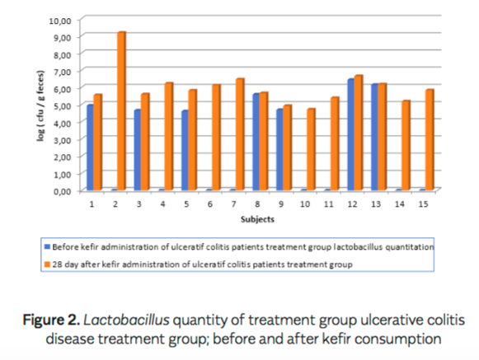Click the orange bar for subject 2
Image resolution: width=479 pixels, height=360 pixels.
pyautogui.click(x=121, y=111)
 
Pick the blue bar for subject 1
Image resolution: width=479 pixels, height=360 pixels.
pyautogui.click(x=90, y=147)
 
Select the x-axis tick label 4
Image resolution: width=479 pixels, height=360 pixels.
pyautogui.click(x=163, y=203)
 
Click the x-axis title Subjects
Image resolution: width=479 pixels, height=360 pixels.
pyautogui.click(x=257, y=220)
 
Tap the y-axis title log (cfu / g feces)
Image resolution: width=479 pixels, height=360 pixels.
pyautogui.click(x=40, y=105)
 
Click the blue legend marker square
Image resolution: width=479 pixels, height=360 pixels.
pyautogui.click(x=47, y=246)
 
